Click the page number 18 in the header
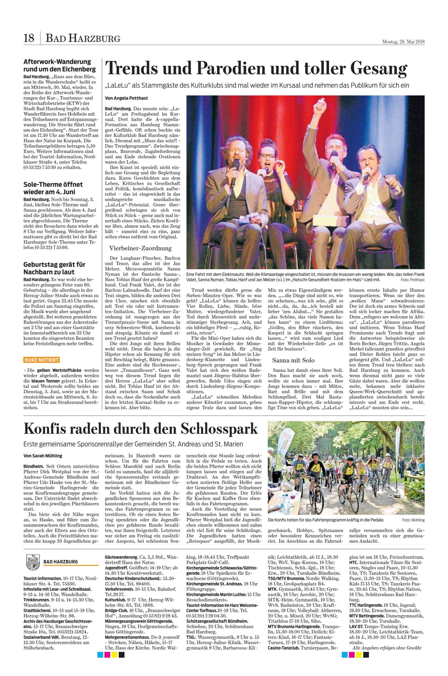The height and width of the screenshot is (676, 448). click(x=29, y=38)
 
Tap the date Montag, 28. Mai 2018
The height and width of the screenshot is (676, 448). click(x=403, y=42)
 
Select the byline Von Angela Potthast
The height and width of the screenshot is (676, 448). click(x=126, y=98)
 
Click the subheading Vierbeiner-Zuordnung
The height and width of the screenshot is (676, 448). click(x=140, y=248)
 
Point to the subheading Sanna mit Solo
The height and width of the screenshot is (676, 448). click(x=293, y=360)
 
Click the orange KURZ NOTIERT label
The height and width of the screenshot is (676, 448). click(x=41, y=360)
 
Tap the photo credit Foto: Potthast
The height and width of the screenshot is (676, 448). click(x=413, y=280)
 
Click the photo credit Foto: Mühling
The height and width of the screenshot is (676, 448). click(x=413, y=520)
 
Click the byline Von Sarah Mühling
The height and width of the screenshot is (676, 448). click(x=43, y=456)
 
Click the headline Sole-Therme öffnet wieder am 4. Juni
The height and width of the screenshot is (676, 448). click(x=53, y=188)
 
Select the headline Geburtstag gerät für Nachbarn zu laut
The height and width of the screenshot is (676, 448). click(x=54, y=268)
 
